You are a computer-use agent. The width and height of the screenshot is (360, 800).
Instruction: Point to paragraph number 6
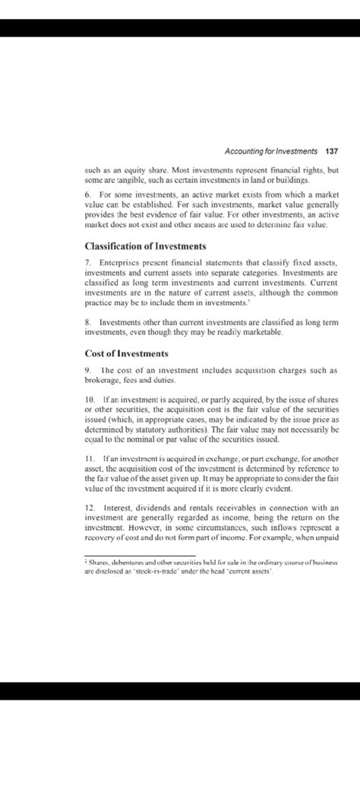(88, 195)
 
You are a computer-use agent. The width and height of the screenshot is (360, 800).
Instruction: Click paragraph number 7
(88, 262)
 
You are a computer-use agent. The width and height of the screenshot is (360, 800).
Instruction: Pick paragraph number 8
(88, 323)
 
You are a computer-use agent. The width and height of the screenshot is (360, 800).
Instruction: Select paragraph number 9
(88, 369)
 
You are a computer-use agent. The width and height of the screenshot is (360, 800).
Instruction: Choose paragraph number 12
(90, 507)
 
